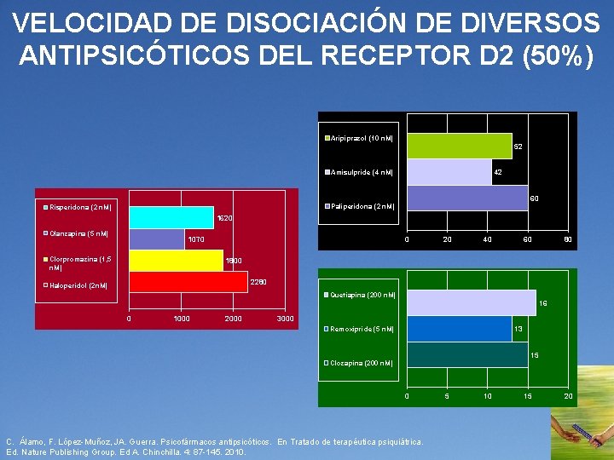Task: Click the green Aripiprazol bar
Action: pos(459,146)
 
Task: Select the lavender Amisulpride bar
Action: pos(449,172)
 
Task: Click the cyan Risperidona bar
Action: pos(171,217)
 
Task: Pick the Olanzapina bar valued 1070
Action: pos(156,239)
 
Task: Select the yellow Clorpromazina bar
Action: pos(176,260)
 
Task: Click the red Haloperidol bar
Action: pos(188,281)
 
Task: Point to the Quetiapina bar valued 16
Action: pos(471,302)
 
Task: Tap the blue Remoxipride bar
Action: pos(459,329)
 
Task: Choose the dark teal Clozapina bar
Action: pos(467,354)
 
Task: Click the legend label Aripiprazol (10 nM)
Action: pos(362,138)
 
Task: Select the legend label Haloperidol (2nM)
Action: pos(78,285)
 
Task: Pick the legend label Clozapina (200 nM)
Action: pos(362,363)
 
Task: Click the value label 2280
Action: pos(258,281)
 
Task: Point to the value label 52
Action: pos(517,147)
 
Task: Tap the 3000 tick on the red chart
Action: pos(286,319)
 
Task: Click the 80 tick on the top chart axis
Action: pos(567,240)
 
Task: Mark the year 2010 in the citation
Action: pos(234,452)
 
